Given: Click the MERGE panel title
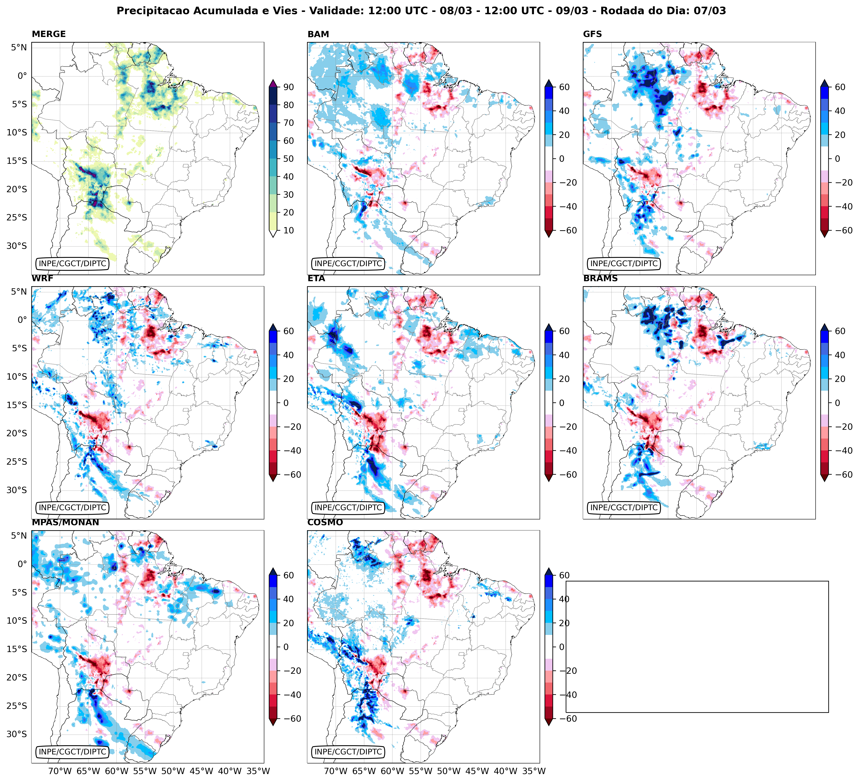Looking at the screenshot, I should tap(49, 34).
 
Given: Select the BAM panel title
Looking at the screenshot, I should tap(318, 34).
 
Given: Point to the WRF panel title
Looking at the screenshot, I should tap(42, 278).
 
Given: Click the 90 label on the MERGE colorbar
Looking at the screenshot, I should tap(288, 87).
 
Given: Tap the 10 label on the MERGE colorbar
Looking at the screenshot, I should tap(288, 230).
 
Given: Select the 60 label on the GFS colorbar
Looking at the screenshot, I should tap(840, 87).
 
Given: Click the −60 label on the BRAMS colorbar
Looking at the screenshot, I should tap(837, 475).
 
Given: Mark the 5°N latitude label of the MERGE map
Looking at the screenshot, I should tap(19, 47).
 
